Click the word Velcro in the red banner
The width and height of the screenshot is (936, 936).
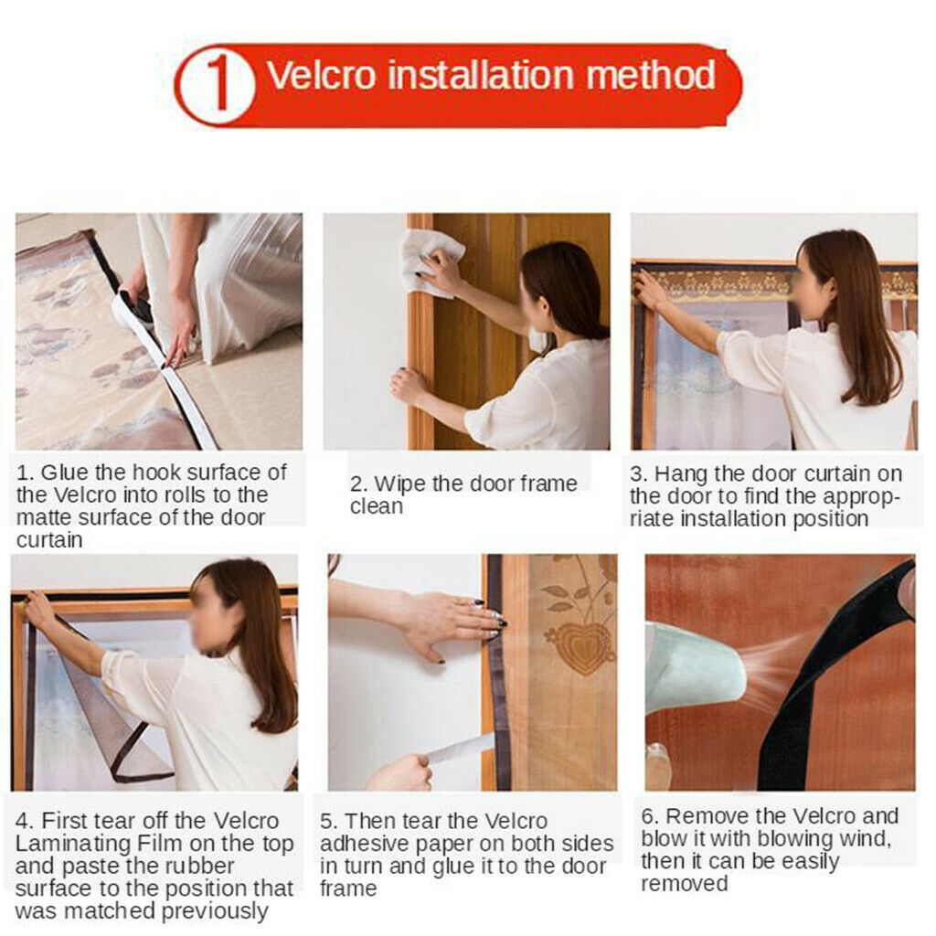321,75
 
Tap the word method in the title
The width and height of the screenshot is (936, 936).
651,75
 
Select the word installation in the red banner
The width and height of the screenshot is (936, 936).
481,75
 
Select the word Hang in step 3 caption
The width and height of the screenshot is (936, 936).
681,474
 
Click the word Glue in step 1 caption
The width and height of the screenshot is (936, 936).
66,473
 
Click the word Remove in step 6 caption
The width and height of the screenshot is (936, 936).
707,816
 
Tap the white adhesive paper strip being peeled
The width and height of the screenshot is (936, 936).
459,750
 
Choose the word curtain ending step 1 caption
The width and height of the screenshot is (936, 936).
49,540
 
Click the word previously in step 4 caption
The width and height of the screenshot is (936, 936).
215,912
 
